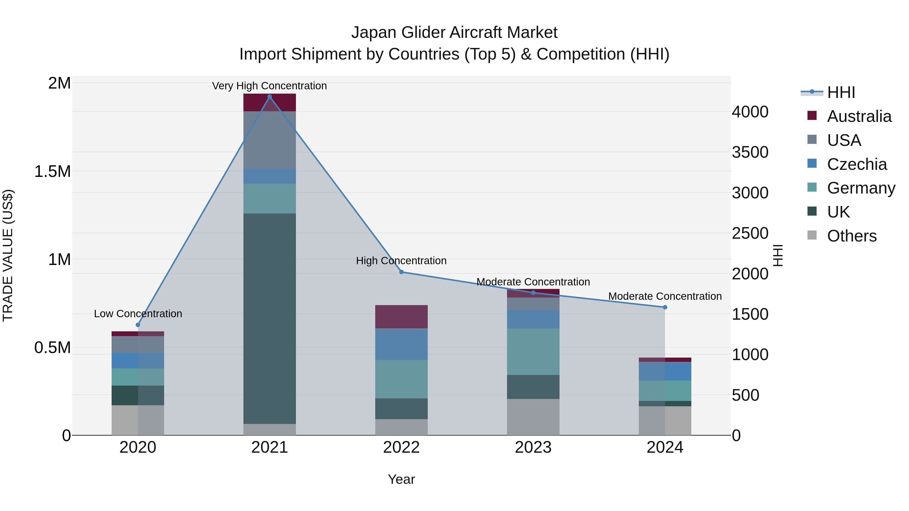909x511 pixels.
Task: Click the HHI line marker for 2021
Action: coord(270,97)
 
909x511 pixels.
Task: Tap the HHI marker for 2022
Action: coord(401,272)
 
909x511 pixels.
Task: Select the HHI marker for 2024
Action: coord(665,307)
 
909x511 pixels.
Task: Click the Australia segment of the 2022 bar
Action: coord(401,316)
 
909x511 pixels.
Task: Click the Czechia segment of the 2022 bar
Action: coord(401,344)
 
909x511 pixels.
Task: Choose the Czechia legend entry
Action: coord(856,164)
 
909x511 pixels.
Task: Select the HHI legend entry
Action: coord(841,92)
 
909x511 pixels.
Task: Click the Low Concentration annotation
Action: coord(138,313)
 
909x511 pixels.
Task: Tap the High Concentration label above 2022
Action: coord(401,261)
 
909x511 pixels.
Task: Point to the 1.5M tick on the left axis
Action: coord(52,171)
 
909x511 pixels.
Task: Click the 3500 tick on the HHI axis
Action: coord(750,152)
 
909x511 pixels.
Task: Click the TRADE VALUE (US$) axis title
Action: coord(8,255)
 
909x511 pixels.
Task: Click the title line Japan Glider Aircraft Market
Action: coord(454,33)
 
